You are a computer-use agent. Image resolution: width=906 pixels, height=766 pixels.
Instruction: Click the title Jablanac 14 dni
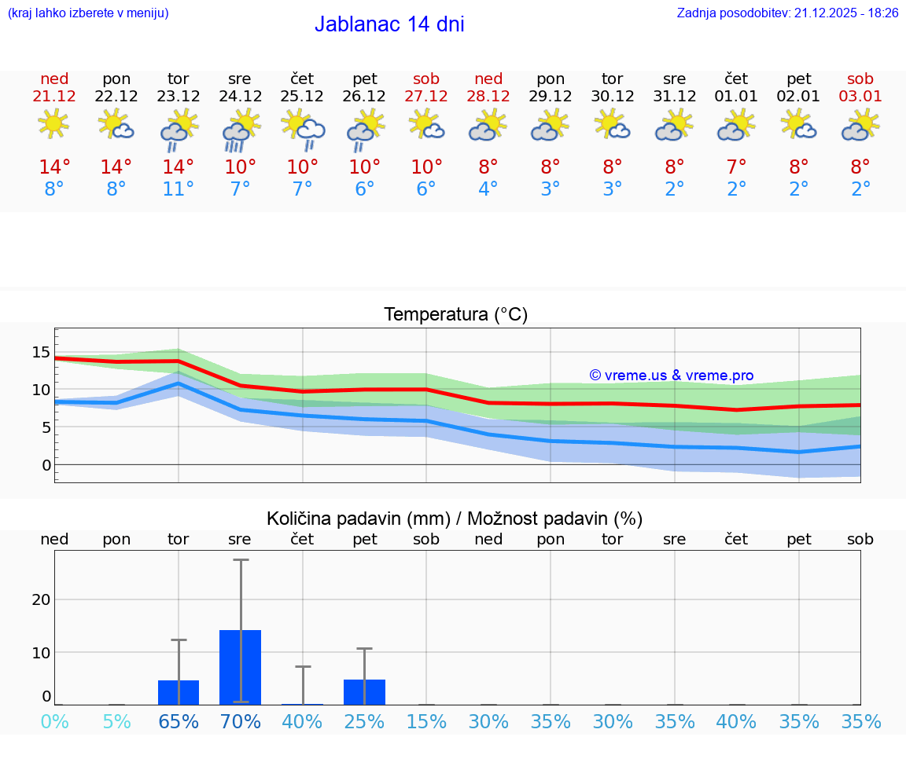(389, 24)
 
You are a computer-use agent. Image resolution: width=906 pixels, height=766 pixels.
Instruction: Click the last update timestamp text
(787, 13)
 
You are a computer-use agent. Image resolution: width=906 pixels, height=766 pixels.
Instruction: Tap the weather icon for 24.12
(241, 130)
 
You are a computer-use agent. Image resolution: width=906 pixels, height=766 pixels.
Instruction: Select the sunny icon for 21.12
(53, 124)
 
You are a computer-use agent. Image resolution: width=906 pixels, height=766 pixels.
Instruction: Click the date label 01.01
(736, 97)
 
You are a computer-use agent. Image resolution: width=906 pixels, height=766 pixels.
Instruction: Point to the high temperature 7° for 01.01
(736, 167)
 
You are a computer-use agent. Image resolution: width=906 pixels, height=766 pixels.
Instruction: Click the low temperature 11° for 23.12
(179, 189)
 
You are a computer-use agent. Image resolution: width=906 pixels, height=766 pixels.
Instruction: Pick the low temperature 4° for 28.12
(488, 189)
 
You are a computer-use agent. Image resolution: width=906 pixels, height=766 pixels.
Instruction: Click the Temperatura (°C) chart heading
(455, 315)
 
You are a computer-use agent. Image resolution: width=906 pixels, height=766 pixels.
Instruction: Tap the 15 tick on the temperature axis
(41, 352)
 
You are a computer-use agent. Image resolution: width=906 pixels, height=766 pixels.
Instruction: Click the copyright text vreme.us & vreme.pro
(672, 376)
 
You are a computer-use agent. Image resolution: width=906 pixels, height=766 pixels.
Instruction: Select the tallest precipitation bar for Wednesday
(241, 667)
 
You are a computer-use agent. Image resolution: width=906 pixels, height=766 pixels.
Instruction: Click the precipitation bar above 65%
(179, 692)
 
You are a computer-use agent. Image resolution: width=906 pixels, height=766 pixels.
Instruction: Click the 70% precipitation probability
(241, 721)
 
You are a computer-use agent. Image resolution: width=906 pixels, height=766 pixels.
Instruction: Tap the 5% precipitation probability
(116, 721)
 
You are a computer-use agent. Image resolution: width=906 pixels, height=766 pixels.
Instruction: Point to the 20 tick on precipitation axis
(41, 599)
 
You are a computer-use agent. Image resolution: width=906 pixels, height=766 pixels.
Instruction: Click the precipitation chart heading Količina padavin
(455, 519)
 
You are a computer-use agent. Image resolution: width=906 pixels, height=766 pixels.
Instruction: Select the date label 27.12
(426, 97)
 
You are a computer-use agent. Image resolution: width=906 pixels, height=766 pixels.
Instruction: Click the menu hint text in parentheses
(88, 13)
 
